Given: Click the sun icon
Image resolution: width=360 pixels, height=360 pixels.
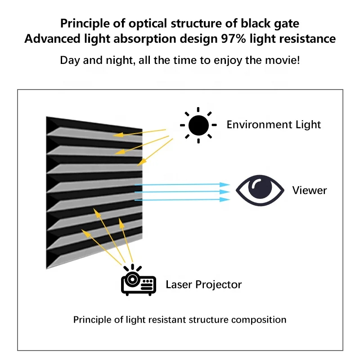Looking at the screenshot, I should (x=198, y=125).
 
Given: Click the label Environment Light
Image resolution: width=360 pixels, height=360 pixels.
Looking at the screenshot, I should (x=274, y=125).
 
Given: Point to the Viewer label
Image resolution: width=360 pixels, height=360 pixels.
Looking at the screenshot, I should (x=310, y=190).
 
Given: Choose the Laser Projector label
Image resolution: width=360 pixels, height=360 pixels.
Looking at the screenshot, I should (x=204, y=284).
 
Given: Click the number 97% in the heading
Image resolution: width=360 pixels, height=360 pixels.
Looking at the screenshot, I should (x=233, y=39).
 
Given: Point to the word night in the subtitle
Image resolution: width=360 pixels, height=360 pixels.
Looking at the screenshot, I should (x=117, y=60).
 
